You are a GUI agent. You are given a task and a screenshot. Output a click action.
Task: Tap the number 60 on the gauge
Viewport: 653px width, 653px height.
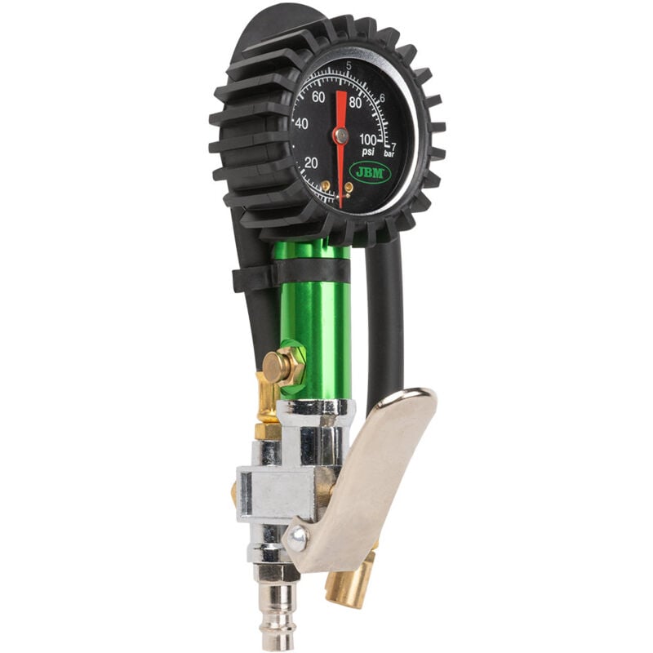(319, 97)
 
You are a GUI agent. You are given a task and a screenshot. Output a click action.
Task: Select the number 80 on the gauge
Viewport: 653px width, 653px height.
(355, 103)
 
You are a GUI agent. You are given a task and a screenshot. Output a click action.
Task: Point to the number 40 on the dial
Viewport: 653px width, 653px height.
(301, 124)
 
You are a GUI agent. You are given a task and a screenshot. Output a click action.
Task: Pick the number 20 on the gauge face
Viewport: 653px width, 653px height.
(310, 162)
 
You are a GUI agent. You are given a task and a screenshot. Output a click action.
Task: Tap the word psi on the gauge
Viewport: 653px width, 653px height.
(368, 152)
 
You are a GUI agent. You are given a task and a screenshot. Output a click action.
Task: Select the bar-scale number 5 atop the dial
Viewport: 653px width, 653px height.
(349, 66)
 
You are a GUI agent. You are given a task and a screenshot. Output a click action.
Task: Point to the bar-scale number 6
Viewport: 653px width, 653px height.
(382, 98)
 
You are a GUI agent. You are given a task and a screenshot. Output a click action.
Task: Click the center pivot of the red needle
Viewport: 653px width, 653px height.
(341, 135)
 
